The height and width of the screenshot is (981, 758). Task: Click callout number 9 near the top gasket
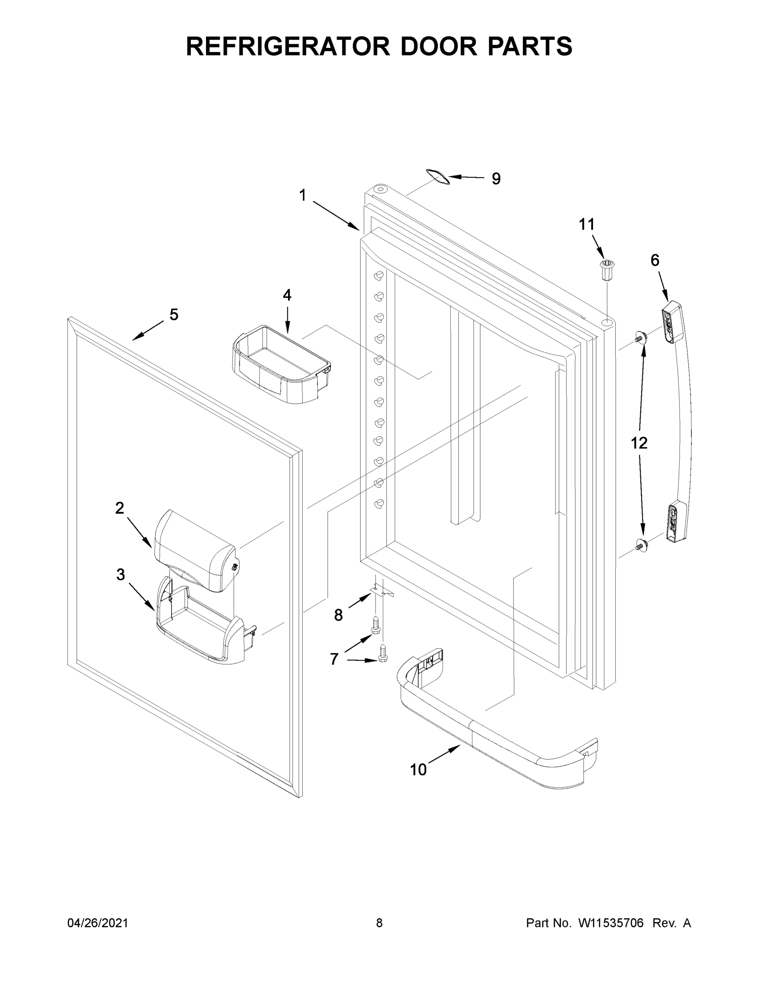[x=496, y=179]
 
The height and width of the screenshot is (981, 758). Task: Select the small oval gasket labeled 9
[x=437, y=176]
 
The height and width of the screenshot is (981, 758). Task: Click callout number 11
[x=586, y=224]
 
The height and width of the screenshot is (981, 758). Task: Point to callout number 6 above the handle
[x=655, y=260]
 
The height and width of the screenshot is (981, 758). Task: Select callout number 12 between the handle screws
[x=639, y=443]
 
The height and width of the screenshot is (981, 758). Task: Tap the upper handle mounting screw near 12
[x=640, y=337]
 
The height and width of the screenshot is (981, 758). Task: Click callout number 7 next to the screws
[x=334, y=659]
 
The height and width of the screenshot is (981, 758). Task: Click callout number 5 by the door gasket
[x=174, y=314]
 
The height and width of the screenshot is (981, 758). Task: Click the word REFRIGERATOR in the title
[x=287, y=46]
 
